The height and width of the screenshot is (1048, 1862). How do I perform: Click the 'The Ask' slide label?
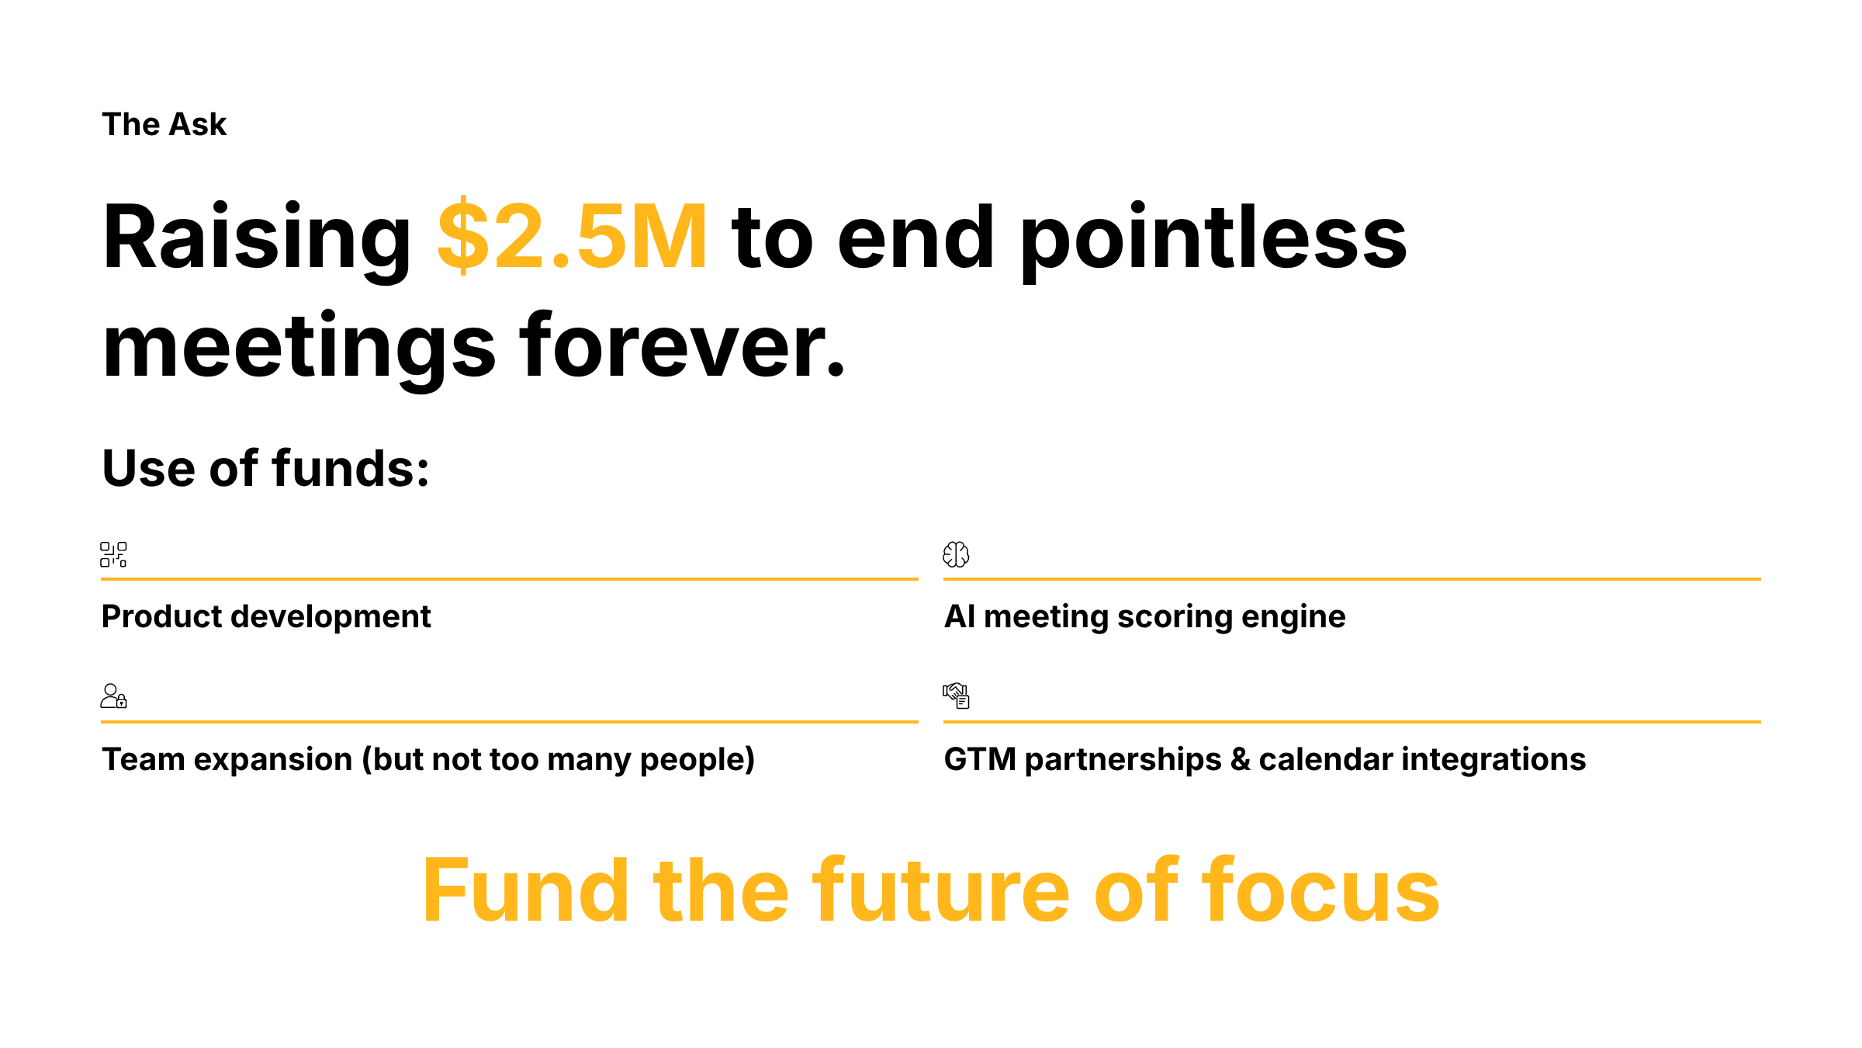(x=164, y=124)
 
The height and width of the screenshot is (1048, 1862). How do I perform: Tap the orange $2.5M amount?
(x=572, y=237)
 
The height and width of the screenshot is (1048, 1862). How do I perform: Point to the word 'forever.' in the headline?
(x=683, y=346)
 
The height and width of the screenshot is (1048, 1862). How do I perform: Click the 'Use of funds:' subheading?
(x=265, y=469)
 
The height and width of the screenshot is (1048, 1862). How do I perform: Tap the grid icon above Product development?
(x=113, y=554)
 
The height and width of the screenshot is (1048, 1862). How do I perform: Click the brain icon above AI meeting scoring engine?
(x=956, y=554)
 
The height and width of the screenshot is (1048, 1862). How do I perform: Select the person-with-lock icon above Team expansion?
(x=113, y=696)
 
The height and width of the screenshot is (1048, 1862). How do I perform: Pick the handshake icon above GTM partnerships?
(x=956, y=696)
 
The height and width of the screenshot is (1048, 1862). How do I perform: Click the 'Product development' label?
(x=266, y=616)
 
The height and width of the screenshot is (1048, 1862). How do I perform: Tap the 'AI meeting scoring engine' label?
(x=1144, y=616)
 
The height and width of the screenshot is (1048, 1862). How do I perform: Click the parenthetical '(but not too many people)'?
(x=559, y=759)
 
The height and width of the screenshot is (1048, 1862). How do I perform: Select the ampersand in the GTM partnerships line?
(x=1240, y=759)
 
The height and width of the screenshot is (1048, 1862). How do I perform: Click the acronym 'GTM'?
(x=980, y=759)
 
